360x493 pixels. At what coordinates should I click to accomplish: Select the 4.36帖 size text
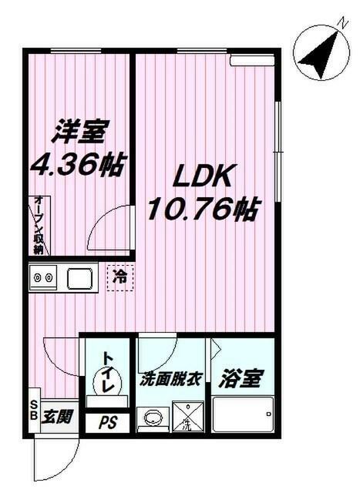point(78,164)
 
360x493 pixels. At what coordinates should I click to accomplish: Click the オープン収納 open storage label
point(38,226)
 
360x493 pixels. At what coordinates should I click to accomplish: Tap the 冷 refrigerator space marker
point(120,273)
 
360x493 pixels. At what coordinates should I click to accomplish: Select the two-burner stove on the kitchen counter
point(44,277)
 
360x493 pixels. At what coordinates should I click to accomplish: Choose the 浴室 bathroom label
point(242,379)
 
